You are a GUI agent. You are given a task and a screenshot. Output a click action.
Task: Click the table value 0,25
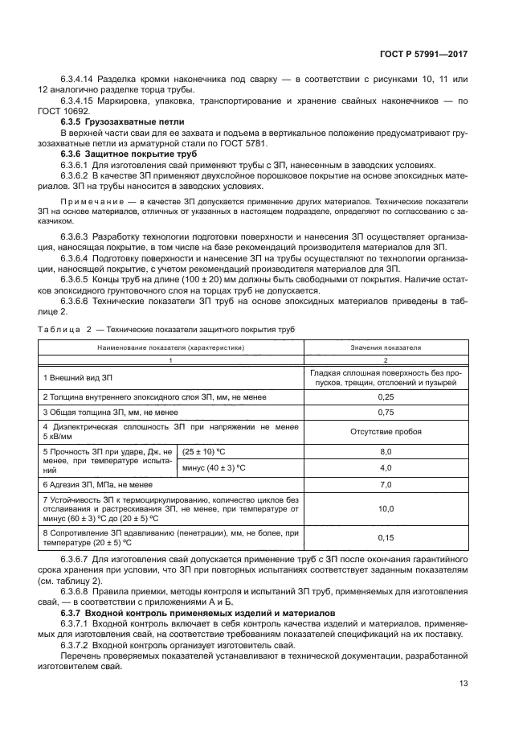385,397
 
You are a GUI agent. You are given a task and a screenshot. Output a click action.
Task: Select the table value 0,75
385,412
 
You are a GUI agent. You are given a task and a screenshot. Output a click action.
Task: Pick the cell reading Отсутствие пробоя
385,431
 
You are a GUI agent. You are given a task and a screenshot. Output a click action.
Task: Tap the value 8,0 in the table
385,452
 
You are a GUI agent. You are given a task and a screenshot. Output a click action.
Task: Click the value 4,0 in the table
385,467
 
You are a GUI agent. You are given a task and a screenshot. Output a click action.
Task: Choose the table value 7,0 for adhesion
385,484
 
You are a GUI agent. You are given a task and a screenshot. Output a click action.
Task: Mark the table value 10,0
385,508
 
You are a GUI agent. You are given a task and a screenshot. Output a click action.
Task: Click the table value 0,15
385,537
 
